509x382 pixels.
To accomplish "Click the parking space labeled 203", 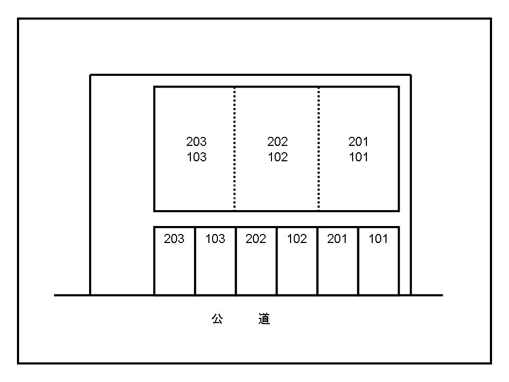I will click(174, 261).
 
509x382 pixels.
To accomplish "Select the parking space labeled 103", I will click(215, 261).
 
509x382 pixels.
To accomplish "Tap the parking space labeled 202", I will click(256, 261).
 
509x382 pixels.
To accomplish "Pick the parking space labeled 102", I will click(297, 261).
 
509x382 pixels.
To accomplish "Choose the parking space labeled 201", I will click(338, 261).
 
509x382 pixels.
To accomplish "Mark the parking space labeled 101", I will click(379, 261).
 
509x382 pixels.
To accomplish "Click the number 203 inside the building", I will click(196, 142).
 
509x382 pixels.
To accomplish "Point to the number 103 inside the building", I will click(196, 157).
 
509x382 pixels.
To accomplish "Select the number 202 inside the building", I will click(277, 142).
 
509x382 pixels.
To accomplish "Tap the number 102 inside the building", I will click(277, 157).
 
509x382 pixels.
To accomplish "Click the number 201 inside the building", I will click(358, 142).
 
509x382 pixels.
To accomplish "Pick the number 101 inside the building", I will click(358, 157).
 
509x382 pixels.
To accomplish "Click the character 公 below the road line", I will click(217, 319).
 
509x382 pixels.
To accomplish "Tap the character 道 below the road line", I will click(264, 319).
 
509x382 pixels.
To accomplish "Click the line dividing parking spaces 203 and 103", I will click(195, 261).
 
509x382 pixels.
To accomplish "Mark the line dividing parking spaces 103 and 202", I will click(236, 261).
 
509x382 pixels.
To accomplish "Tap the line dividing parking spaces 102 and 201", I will click(318, 261).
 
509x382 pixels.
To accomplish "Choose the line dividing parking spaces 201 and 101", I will click(358, 261).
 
